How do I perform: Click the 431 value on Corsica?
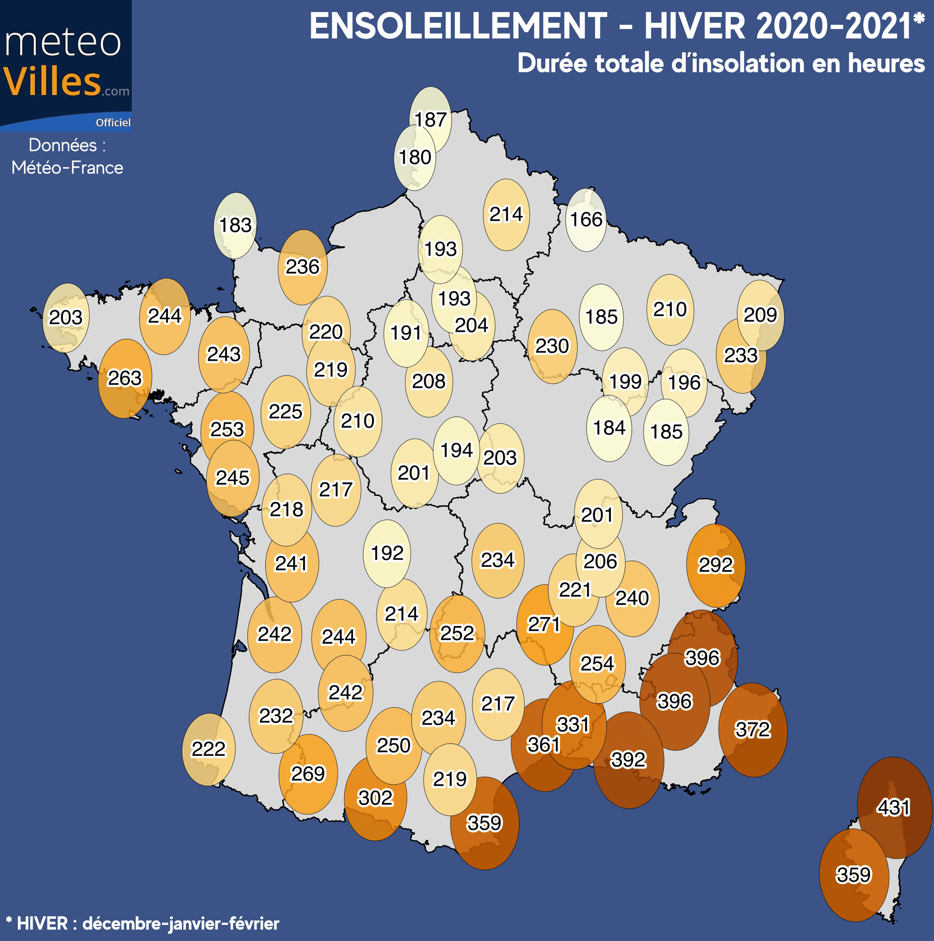(x=893, y=807)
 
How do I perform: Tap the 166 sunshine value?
(x=587, y=220)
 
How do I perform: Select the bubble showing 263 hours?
(x=125, y=378)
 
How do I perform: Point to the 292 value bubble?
(x=715, y=565)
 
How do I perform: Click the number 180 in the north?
(x=415, y=157)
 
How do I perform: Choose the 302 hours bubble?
(x=376, y=798)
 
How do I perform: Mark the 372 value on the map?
(x=753, y=730)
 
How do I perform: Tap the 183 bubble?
(x=235, y=225)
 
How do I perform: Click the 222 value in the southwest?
(x=209, y=749)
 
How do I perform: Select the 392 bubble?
(x=629, y=759)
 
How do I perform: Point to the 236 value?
(x=302, y=267)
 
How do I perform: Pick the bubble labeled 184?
(x=609, y=428)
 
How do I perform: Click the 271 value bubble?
(x=544, y=624)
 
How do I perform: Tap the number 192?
(x=387, y=553)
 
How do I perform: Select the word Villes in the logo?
(x=52, y=81)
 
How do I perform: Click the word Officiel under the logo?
(x=112, y=123)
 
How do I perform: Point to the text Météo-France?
(x=67, y=168)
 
